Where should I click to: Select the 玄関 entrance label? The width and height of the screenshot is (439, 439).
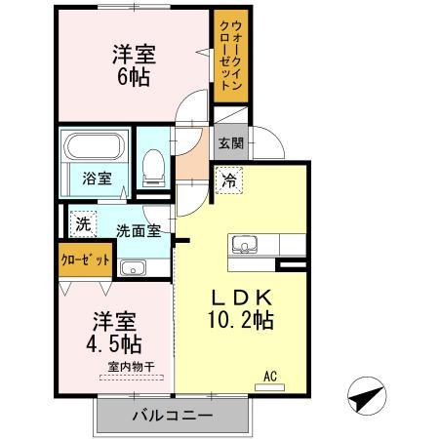(x=230, y=143)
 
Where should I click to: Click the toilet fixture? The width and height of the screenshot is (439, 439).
(x=153, y=168)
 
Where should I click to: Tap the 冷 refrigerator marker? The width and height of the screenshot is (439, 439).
(x=227, y=180)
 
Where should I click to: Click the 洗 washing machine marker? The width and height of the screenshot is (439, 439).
(x=83, y=222)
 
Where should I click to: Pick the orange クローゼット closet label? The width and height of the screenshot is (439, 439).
(x=81, y=261)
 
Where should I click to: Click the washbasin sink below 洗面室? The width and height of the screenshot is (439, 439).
(x=132, y=267)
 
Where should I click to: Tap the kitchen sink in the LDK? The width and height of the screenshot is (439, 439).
(x=243, y=244)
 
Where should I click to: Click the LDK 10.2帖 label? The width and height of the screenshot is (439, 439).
(x=239, y=308)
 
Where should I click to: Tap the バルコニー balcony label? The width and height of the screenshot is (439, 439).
(x=172, y=416)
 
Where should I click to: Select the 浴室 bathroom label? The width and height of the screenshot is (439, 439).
(x=96, y=179)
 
